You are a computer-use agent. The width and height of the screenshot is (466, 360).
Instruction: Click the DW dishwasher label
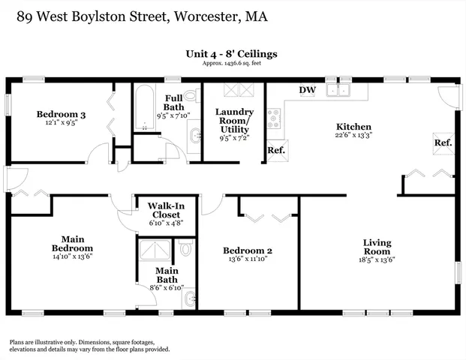307,91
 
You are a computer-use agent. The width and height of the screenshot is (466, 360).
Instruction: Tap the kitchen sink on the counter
343,91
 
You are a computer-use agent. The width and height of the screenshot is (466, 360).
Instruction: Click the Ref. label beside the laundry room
276,150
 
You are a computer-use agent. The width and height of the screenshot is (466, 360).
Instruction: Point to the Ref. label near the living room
443,142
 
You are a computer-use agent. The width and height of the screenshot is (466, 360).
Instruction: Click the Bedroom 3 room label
62,114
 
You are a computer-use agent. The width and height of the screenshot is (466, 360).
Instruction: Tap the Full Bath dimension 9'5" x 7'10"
173,116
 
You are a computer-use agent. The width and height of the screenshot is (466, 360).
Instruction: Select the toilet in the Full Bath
191,97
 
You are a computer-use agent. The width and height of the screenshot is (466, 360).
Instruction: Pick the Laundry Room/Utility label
234,120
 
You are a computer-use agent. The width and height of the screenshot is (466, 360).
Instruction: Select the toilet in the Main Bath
186,248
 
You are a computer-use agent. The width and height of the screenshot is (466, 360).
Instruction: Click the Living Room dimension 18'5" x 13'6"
377,260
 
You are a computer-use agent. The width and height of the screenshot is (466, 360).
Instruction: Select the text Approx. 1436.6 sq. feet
232,63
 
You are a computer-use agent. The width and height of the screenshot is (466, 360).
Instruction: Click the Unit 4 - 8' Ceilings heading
232,53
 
